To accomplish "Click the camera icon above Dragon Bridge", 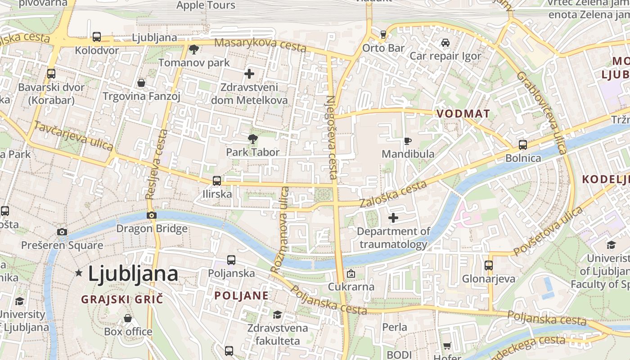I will [152, 215].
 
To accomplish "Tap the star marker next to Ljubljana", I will [79, 273].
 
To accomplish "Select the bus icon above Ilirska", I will [216, 181].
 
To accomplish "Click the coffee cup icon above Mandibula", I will [407, 141].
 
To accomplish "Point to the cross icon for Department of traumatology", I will [393, 218].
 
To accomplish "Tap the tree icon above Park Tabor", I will [253, 139].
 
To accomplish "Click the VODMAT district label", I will [463, 114].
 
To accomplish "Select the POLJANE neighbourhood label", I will [242, 296].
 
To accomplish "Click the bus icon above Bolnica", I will [522, 145].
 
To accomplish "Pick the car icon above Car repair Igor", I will [445, 43].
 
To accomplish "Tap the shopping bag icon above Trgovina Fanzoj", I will [141, 83].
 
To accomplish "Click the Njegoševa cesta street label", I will [332, 137].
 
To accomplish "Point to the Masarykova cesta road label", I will [261, 45].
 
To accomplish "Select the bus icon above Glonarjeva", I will [489, 265].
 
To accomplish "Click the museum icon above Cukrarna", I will [351, 274].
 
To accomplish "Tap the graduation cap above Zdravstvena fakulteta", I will [277, 315].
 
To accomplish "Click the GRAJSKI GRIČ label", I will [121, 299].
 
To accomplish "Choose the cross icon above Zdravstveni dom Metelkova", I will [249, 74].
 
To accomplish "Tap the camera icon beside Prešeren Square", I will [62, 232].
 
